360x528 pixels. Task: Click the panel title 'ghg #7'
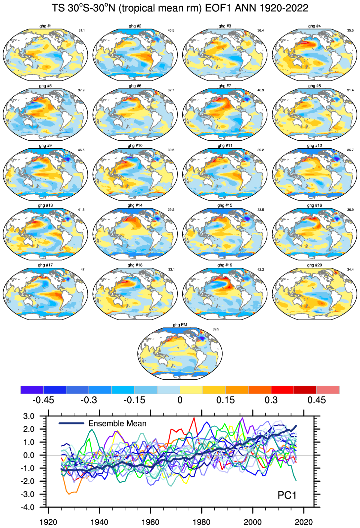(x=225, y=86)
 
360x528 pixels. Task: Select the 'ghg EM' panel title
(x=180, y=325)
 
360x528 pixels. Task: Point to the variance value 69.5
(x=216, y=329)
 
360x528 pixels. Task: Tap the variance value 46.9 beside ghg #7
(x=261, y=90)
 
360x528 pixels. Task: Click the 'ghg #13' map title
(x=45, y=205)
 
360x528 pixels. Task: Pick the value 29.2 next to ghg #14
(x=171, y=210)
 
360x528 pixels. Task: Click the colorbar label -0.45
(x=43, y=400)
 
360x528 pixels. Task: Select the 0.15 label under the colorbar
(x=225, y=400)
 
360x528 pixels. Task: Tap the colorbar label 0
(x=180, y=400)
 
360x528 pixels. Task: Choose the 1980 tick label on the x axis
(x=202, y=522)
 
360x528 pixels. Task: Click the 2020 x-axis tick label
(x=303, y=522)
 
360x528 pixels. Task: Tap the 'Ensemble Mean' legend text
(x=117, y=423)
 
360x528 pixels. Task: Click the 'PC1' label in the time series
(x=287, y=495)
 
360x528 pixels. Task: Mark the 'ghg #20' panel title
(x=314, y=265)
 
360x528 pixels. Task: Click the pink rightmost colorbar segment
(x=328, y=390)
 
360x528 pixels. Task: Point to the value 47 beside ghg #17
(x=82, y=269)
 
